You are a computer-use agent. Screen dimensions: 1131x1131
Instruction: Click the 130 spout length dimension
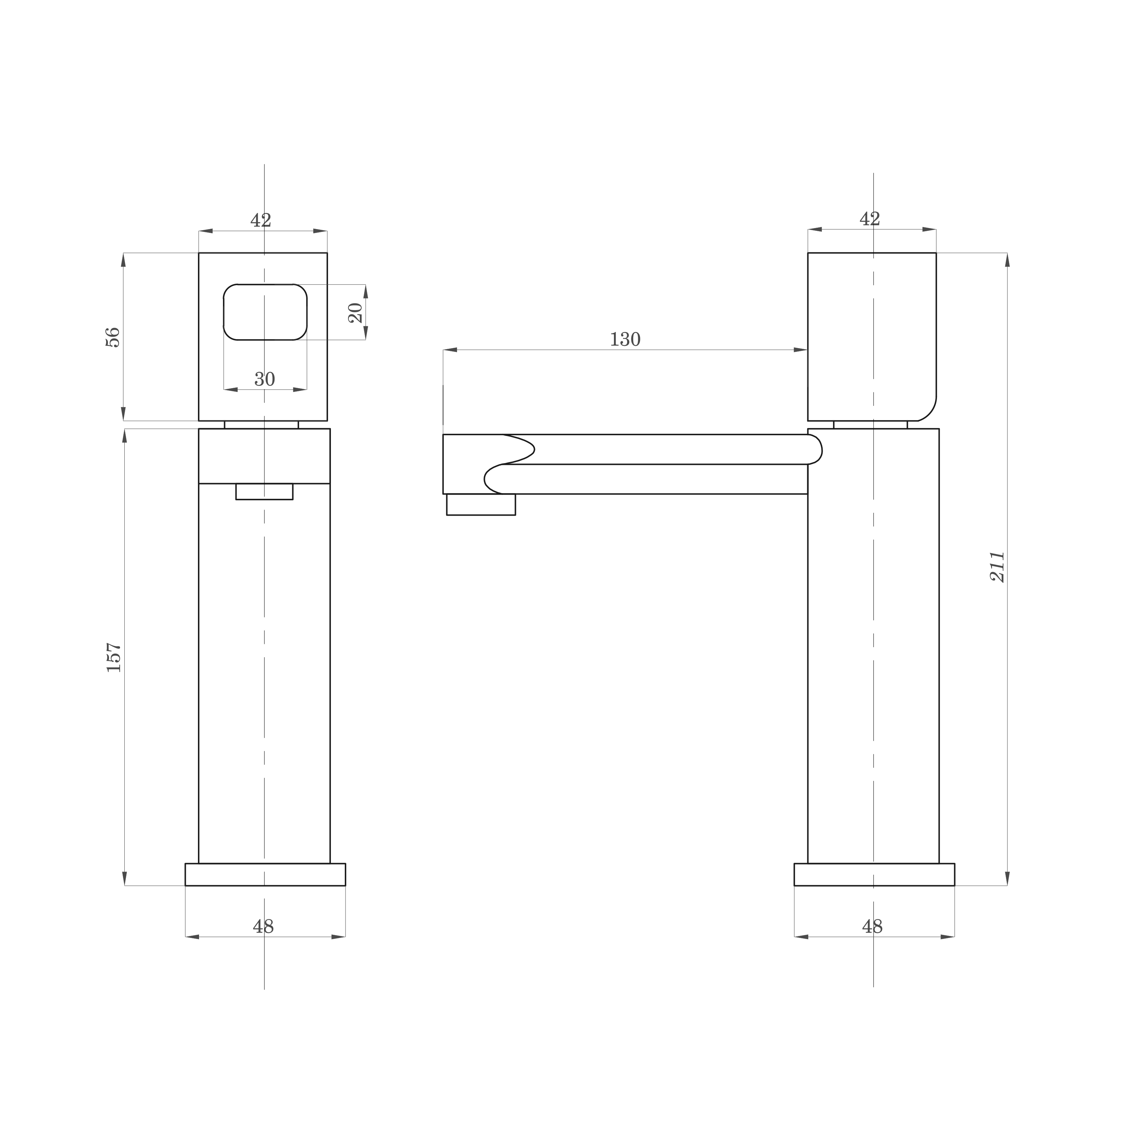(625, 339)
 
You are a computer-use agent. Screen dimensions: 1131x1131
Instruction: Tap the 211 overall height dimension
(997, 567)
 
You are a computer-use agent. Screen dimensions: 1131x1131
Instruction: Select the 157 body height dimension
(114, 658)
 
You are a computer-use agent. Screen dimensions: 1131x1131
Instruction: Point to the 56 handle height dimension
(113, 337)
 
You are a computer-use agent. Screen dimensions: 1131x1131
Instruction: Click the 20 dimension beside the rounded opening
(355, 313)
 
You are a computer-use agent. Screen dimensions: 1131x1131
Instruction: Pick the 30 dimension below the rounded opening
(264, 380)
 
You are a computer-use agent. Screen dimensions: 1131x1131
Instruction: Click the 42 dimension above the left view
(261, 220)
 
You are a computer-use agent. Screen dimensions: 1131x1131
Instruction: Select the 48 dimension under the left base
(263, 927)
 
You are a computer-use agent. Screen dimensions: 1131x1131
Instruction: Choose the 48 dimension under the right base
(872, 927)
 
